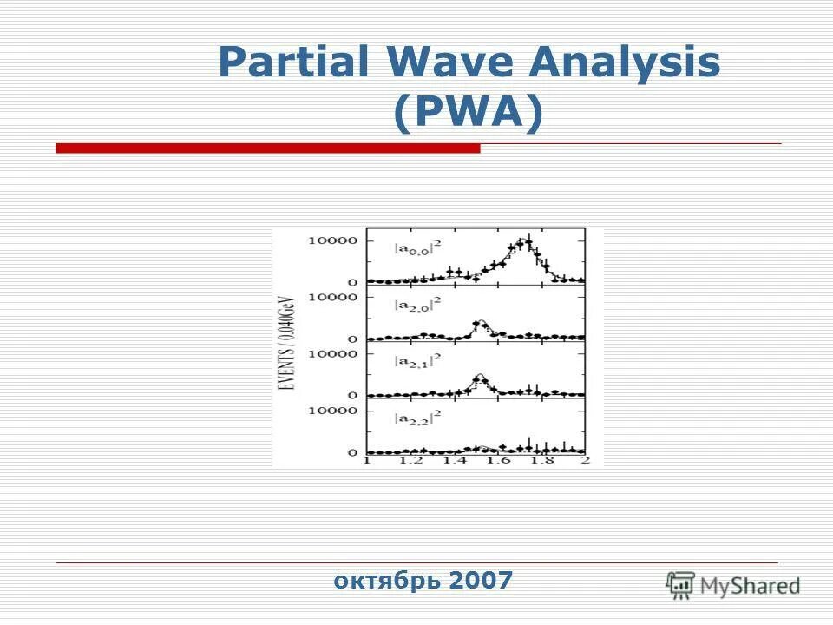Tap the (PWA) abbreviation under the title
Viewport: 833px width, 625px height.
coord(468,112)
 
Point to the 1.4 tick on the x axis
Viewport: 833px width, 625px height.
coord(454,461)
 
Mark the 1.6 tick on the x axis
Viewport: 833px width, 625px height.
coord(498,461)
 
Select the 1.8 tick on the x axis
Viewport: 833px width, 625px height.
coord(541,461)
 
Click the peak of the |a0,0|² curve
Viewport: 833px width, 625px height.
coord(525,242)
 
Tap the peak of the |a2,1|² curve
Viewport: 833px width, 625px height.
coord(479,376)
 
